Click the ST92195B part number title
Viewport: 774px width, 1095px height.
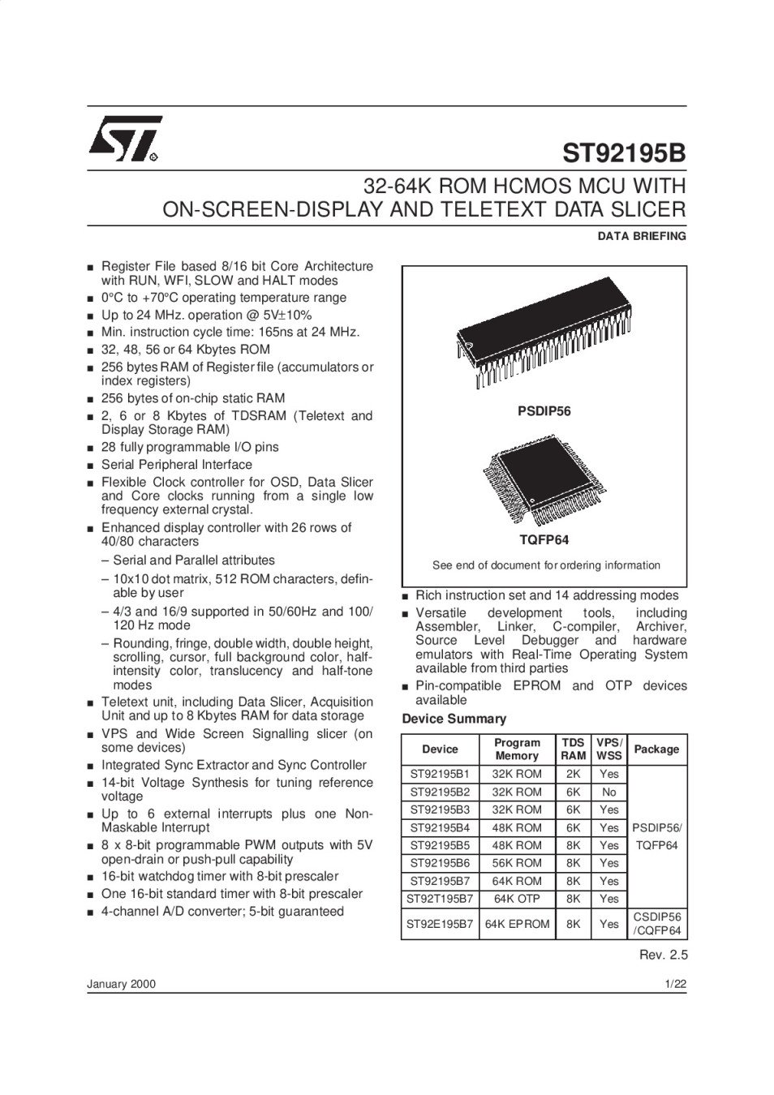pyautogui.click(x=624, y=153)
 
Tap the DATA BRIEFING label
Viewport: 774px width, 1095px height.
pyautogui.click(x=642, y=237)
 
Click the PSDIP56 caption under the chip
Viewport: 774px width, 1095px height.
pyautogui.click(x=544, y=411)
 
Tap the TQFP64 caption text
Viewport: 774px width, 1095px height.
pyautogui.click(x=544, y=539)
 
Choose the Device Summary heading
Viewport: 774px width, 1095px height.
pyautogui.click(x=454, y=719)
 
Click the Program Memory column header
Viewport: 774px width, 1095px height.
pyautogui.click(x=517, y=749)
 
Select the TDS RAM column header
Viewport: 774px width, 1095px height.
pyautogui.click(x=574, y=749)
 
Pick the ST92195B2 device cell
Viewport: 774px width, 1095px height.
pyautogui.click(x=440, y=792)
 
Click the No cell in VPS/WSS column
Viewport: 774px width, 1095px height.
pyautogui.click(x=609, y=792)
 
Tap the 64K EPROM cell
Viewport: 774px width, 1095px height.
pyautogui.click(x=517, y=924)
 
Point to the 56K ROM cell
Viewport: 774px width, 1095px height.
pyautogui.click(x=517, y=863)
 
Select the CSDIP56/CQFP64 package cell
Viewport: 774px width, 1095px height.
pyautogui.click(x=656, y=924)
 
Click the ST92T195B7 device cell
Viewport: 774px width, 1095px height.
pyautogui.click(x=440, y=899)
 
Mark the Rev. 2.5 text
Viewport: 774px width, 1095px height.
pyautogui.click(x=663, y=955)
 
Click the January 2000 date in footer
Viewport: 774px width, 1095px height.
pyautogui.click(x=121, y=985)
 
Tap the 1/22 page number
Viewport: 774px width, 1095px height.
pyautogui.click(x=675, y=985)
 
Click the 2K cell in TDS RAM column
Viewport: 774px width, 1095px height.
pyautogui.click(x=574, y=774)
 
